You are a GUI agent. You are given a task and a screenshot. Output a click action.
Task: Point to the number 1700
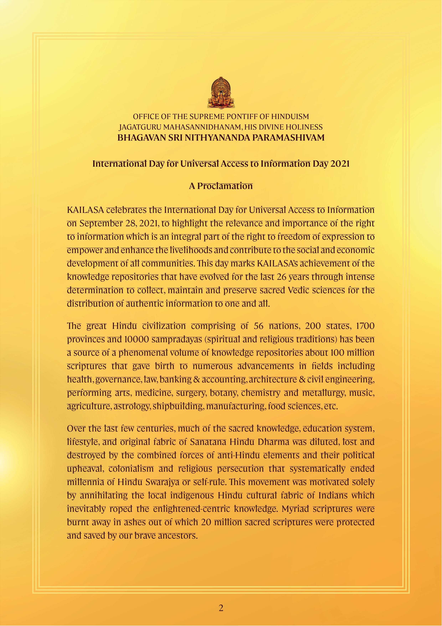(x=365, y=326)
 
